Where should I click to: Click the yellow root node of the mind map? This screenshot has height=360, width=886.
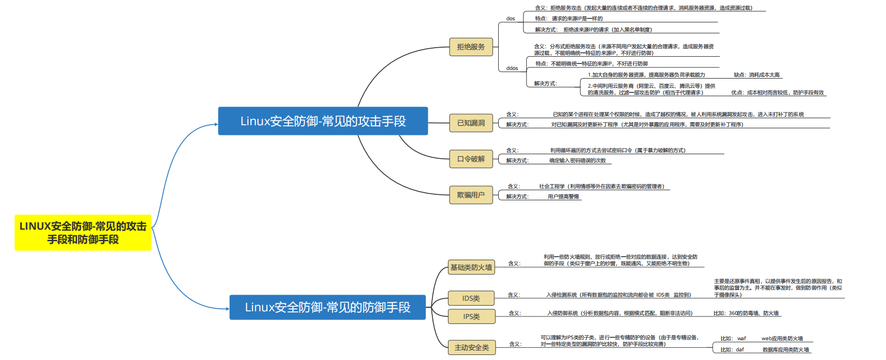tap(83, 233)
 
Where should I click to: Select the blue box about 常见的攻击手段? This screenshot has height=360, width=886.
tap(323, 121)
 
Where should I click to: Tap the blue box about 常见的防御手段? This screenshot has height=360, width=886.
tap(327, 307)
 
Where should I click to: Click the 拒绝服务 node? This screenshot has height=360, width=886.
tap(471, 47)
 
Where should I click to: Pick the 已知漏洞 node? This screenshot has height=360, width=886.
tap(471, 123)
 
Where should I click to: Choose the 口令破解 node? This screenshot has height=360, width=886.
tap(471, 159)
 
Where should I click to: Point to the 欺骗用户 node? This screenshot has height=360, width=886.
tap(471, 195)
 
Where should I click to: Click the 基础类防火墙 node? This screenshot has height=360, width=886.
tap(471, 267)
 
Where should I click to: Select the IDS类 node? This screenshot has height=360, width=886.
tap(471, 298)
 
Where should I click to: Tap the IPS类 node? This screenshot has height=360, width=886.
tap(471, 316)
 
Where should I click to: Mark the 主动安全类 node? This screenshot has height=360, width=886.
tap(471, 347)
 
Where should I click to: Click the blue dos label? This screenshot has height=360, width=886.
tap(510, 19)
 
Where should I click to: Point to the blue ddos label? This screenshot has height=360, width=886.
tap(512, 68)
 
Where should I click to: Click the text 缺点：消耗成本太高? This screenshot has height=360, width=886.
tap(757, 75)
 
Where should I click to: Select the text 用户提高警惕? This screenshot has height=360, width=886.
tap(563, 197)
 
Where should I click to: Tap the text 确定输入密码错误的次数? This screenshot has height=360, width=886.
tap(577, 161)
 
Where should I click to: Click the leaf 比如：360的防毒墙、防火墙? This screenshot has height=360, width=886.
tap(746, 313)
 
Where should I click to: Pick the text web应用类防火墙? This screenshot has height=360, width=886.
tap(782, 339)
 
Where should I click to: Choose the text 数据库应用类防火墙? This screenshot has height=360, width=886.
tap(786, 350)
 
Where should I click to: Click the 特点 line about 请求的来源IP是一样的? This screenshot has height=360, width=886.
tap(569, 19)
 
